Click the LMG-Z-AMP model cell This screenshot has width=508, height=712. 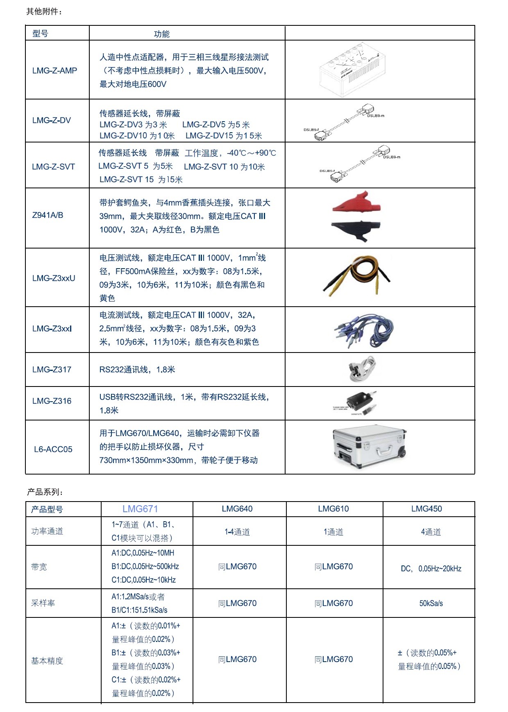click(x=54, y=70)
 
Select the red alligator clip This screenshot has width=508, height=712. click(x=356, y=202)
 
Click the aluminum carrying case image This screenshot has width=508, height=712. click(x=369, y=447)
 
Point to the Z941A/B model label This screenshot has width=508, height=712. click(x=48, y=215)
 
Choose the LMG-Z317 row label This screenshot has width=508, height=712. click(x=52, y=369)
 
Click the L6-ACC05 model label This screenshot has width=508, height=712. click(x=53, y=449)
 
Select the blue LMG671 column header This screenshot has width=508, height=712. click(x=140, y=509)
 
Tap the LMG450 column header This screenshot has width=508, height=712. click(x=426, y=509)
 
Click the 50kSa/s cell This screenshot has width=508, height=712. click(x=431, y=603)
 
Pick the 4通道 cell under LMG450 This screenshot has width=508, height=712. click(x=431, y=532)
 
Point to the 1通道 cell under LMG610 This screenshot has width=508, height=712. click(x=333, y=532)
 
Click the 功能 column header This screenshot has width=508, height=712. click(x=161, y=34)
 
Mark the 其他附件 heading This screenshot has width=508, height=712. click(x=44, y=11)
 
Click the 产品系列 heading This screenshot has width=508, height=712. click(x=45, y=492)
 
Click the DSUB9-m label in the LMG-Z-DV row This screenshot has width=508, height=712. click(x=376, y=116)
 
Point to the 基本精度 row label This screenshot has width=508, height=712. click(x=47, y=660)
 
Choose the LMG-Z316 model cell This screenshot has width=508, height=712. click(x=52, y=401)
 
